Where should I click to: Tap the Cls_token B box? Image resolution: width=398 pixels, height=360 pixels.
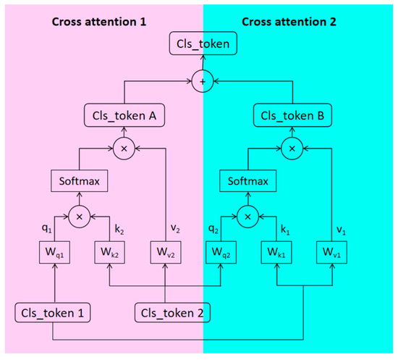pos(292,116)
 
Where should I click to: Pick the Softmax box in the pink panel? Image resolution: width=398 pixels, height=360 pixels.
pos(79,182)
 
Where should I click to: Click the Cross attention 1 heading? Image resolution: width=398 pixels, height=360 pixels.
pos(99,21)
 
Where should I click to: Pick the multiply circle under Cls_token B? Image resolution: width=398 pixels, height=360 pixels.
pos(292,148)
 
